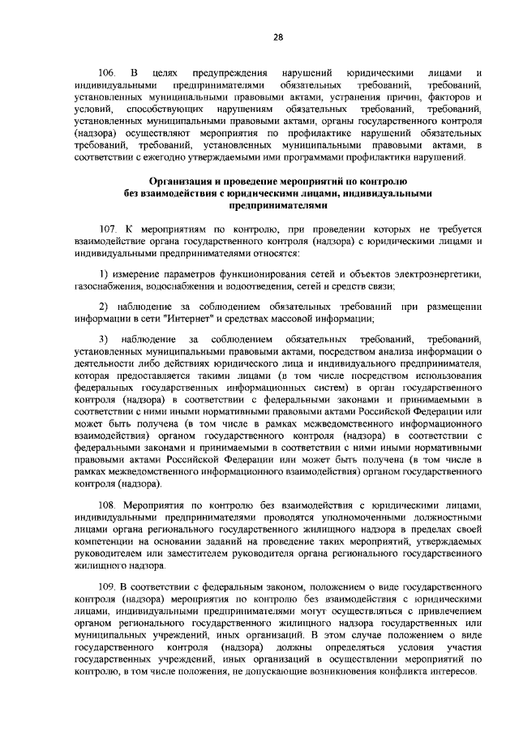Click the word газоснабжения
[107, 286]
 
